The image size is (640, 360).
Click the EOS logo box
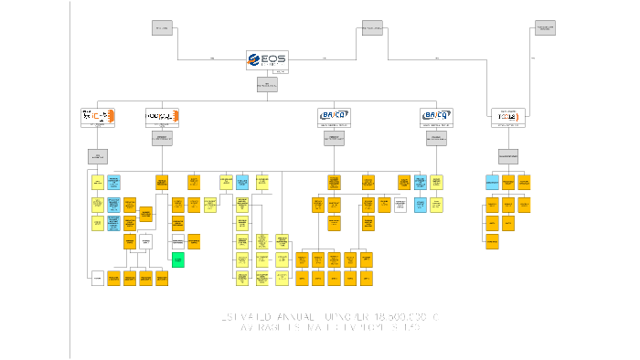[x=267, y=61]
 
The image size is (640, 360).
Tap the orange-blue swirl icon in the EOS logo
[x=255, y=60]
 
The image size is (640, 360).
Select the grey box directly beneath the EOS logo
[x=267, y=85]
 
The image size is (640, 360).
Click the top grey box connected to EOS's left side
[x=162, y=27]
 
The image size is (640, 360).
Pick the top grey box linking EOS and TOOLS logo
[x=372, y=27]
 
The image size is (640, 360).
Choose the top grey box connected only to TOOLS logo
[x=545, y=27]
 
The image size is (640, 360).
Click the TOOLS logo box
[x=507, y=117]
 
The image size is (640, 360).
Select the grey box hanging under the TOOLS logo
[x=507, y=155]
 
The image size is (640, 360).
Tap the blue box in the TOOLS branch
[x=492, y=182]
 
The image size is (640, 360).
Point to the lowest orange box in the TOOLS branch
[x=492, y=242]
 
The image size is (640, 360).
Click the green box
[x=178, y=260]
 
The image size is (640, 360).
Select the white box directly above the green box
[x=178, y=241]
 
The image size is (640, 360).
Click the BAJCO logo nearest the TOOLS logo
[x=436, y=115]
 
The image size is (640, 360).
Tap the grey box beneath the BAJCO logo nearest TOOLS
[x=436, y=138]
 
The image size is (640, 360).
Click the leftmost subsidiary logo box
[x=98, y=117]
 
